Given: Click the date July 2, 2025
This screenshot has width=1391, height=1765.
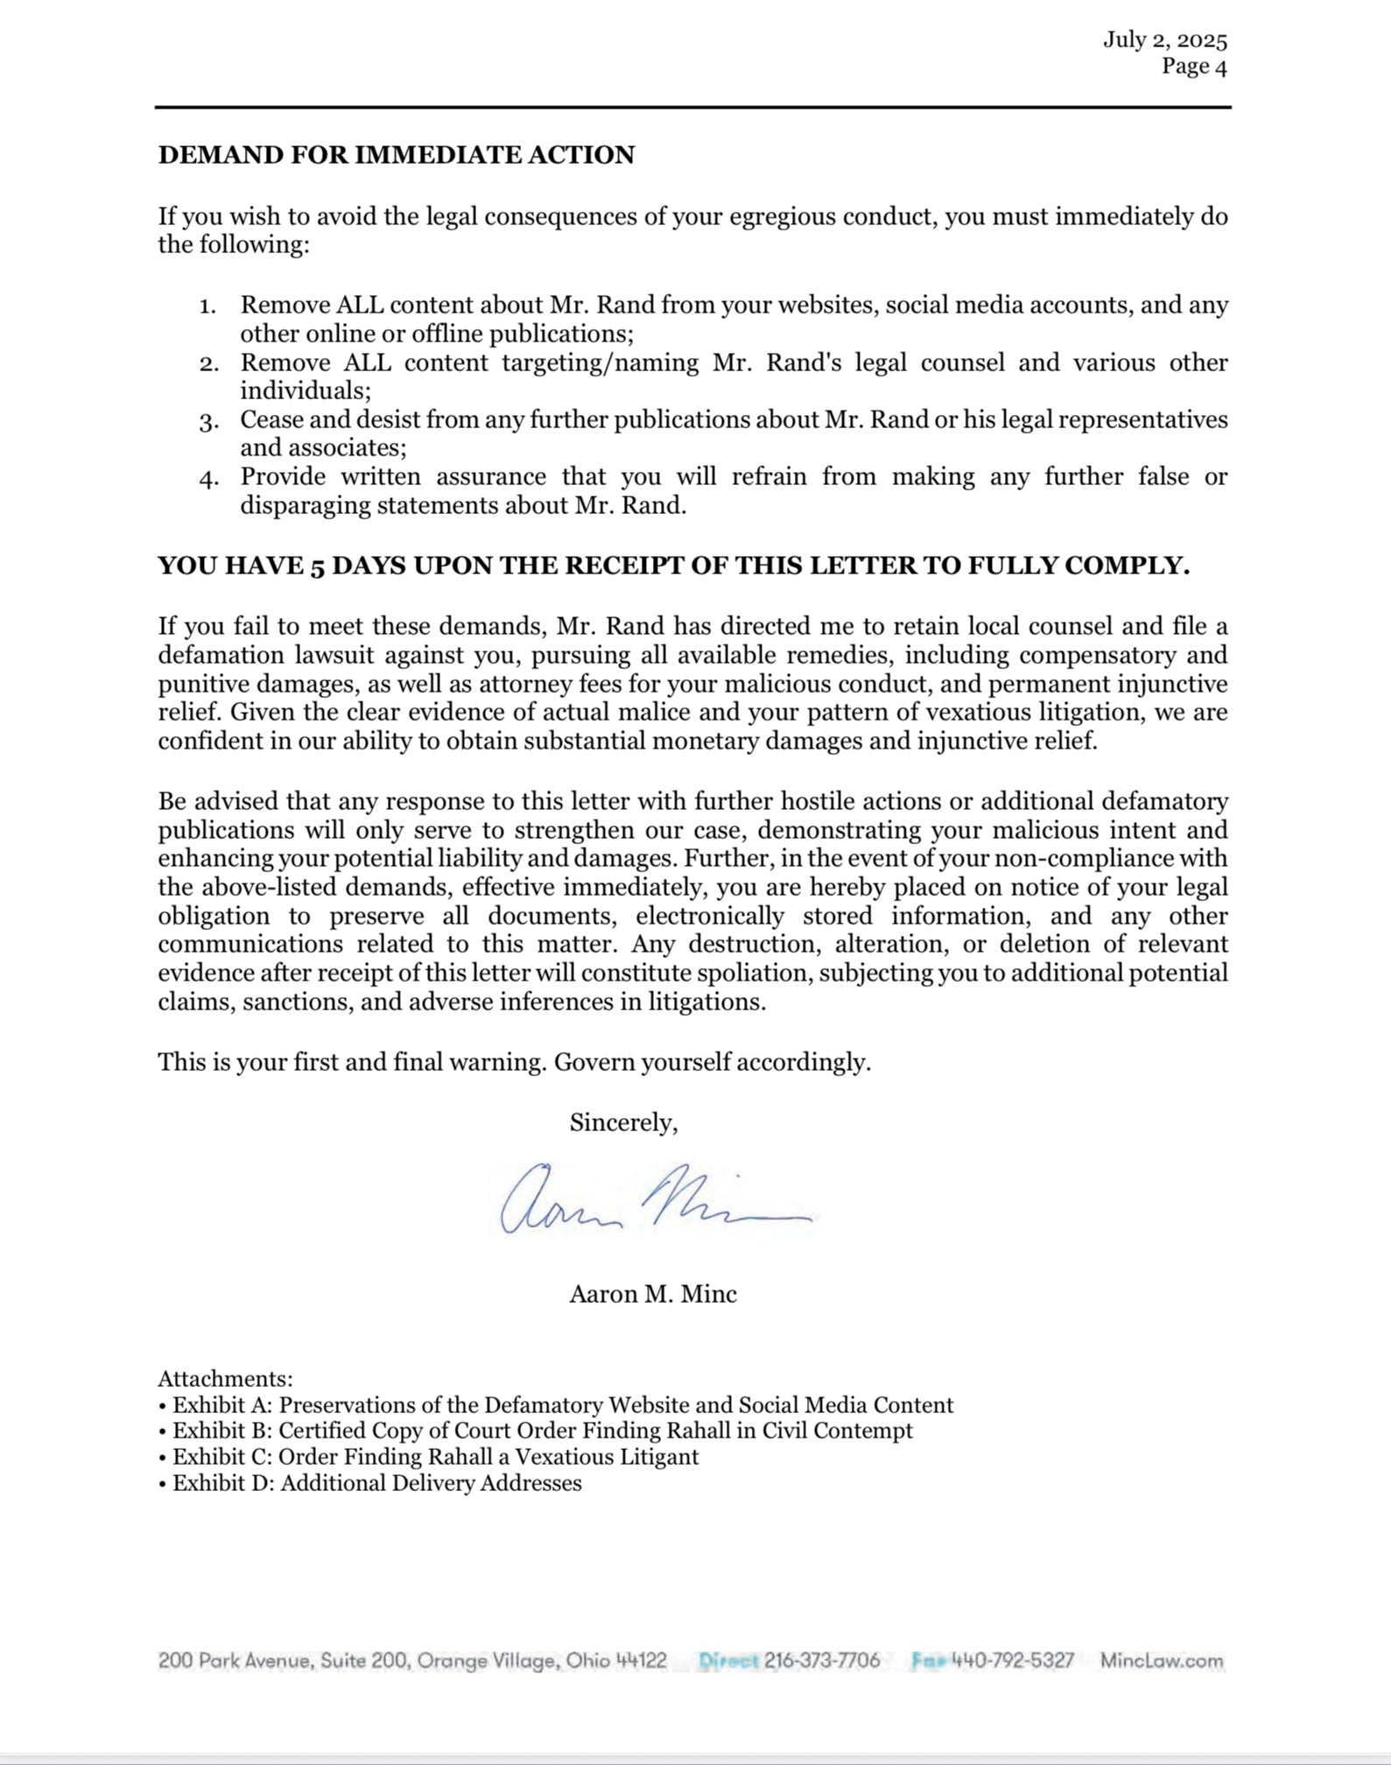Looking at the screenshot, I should tap(1164, 40).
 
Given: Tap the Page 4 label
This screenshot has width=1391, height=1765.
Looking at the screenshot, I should tap(1194, 67).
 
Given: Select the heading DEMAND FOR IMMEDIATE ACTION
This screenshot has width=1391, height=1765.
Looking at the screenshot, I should tap(396, 155).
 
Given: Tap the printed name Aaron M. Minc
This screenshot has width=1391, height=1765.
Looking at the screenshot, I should tap(653, 1294).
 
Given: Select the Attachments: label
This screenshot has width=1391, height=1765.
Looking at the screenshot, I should tap(225, 1379).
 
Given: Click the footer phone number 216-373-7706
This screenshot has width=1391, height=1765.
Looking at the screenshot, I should tap(821, 1661).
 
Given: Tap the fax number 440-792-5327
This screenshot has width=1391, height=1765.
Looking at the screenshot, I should tap(1012, 1661).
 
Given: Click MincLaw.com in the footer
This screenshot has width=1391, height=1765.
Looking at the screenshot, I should tap(1162, 1661).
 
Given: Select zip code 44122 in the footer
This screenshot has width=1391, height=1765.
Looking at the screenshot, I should tap(641, 1661).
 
